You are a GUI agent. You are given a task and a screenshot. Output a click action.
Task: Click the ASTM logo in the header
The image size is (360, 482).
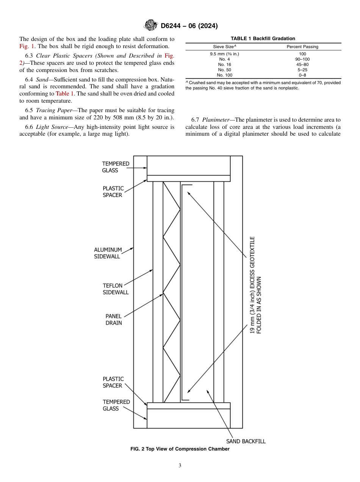point(151,25)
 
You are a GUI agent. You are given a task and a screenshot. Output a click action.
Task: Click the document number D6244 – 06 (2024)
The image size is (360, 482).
point(189,26)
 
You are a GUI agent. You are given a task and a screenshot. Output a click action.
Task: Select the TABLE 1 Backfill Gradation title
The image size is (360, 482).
point(263,39)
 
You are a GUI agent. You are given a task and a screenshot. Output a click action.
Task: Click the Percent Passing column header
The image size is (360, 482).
point(302,47)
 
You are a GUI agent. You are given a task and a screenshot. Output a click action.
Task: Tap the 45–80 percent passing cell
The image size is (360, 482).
point(302,64)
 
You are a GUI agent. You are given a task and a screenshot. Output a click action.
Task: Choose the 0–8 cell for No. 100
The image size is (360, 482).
point(302,75)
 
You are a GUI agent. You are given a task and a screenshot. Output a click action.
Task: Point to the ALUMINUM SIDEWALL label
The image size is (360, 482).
point(108,253)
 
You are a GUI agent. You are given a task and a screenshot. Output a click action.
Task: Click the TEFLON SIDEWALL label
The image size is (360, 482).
point(115,289)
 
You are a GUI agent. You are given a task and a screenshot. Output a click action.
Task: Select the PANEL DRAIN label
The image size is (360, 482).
point(113,319)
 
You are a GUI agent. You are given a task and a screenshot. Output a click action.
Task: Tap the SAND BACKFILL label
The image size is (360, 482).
point(246,441)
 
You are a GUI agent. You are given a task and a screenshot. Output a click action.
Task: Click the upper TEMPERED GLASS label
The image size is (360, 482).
point(115,167)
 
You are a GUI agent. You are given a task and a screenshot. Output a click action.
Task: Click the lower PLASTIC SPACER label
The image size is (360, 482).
point(113,382)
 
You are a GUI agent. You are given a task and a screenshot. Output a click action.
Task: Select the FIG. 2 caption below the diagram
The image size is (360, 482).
point(180,449)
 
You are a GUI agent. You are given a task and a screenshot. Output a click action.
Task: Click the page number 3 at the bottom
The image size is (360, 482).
point(180,466)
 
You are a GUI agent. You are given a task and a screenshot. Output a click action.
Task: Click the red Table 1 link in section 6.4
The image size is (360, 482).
point(65,93)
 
